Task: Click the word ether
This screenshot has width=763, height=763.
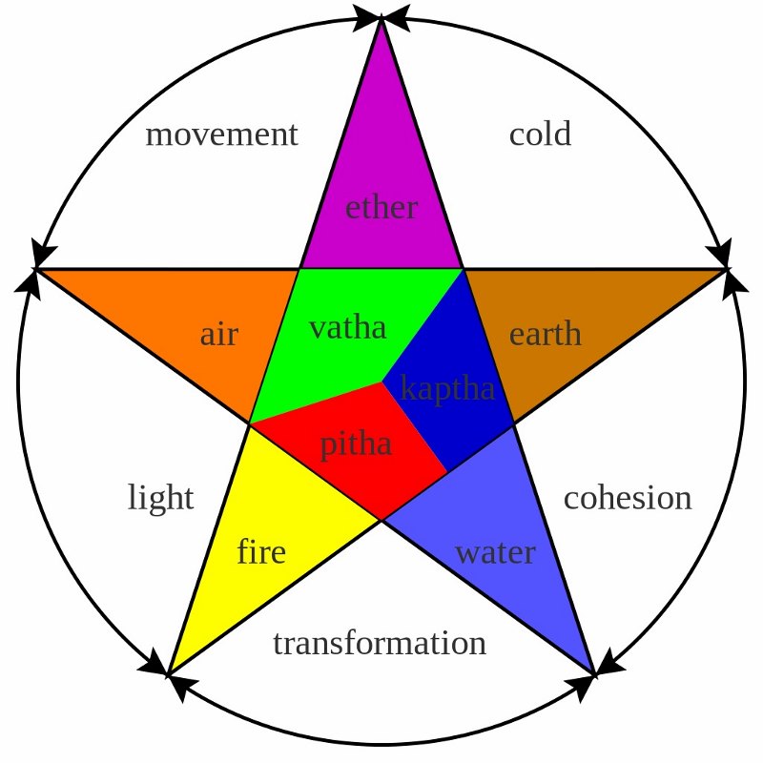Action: pos(381,208)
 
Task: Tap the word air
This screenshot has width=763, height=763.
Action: pos(219,335)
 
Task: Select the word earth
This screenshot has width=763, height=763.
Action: pos(545,334)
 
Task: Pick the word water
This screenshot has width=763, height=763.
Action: pos(495,553)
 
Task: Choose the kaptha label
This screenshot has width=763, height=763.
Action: pos(447,389)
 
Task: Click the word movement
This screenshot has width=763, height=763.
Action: pos(222,134)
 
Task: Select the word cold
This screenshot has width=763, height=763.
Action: pos(540,134)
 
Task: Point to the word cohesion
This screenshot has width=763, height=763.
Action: pos(628,498)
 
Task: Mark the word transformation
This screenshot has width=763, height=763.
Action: pos(380,643)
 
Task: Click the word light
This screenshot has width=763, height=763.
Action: pos(160,497)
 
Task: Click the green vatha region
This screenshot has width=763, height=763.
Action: pos(340,340)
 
